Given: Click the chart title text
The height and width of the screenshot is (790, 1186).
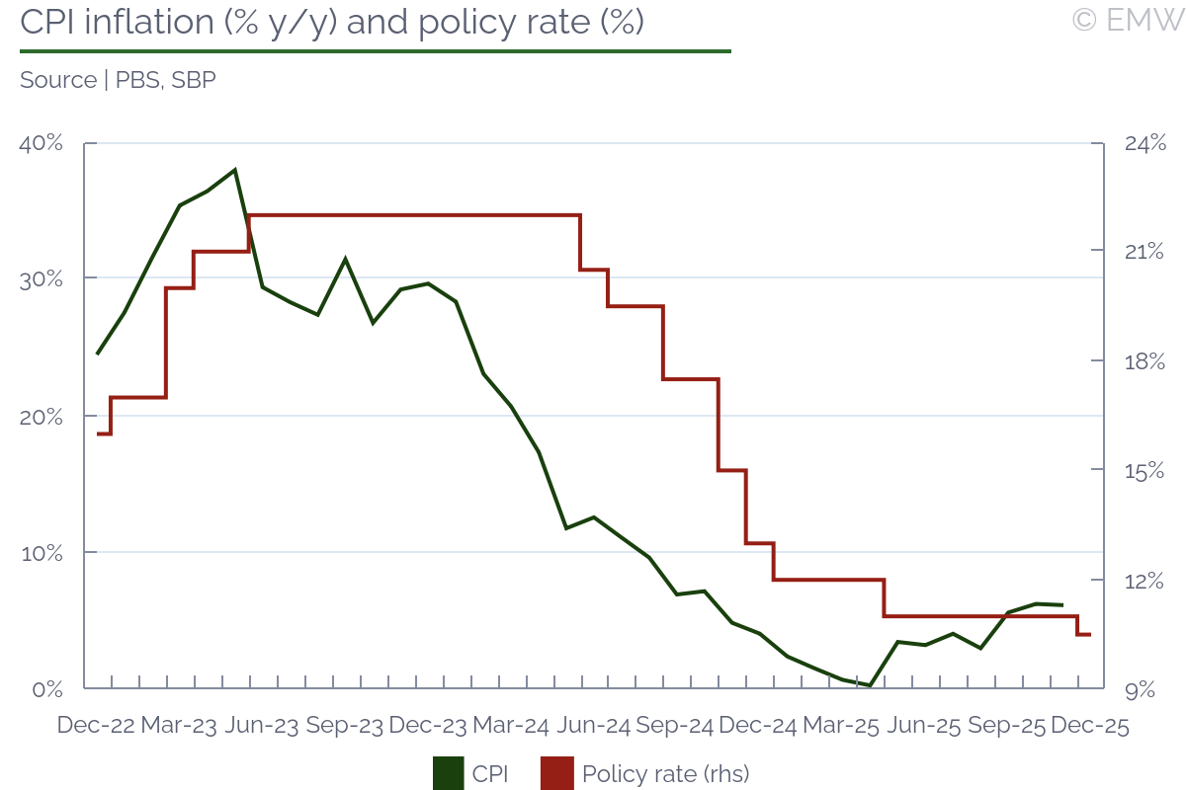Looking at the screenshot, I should point(332,23).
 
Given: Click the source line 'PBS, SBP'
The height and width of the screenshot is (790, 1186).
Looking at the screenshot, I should point(118,80).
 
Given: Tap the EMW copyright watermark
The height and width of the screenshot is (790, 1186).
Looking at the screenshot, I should point(1128,20).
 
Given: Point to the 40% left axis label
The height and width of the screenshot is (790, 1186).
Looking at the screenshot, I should point(41,144).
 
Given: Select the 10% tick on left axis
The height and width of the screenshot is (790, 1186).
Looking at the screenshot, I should point(41,553).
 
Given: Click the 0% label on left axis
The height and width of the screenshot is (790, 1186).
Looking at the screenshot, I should point(46,688).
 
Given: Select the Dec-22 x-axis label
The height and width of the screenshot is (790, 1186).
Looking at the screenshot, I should point(95,725).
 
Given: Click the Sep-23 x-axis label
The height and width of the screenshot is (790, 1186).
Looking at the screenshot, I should point(344,725).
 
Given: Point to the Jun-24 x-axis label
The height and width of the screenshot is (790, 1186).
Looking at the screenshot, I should point(593,725).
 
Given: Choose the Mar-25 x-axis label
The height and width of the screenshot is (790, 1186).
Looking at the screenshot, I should point(841,725).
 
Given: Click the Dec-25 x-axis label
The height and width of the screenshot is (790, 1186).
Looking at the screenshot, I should point(1089,725).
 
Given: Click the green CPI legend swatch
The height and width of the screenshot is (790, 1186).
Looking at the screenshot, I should point(448,773).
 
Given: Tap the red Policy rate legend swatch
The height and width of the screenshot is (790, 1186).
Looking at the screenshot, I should point(556,773).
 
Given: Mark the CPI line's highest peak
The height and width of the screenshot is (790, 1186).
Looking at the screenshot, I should point(234,170).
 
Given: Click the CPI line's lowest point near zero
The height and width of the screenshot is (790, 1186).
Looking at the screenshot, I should point(870,684).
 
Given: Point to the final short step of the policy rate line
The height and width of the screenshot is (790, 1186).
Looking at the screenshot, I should point(1083,634).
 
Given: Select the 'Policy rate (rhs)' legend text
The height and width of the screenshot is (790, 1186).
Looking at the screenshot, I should point(666,773).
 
